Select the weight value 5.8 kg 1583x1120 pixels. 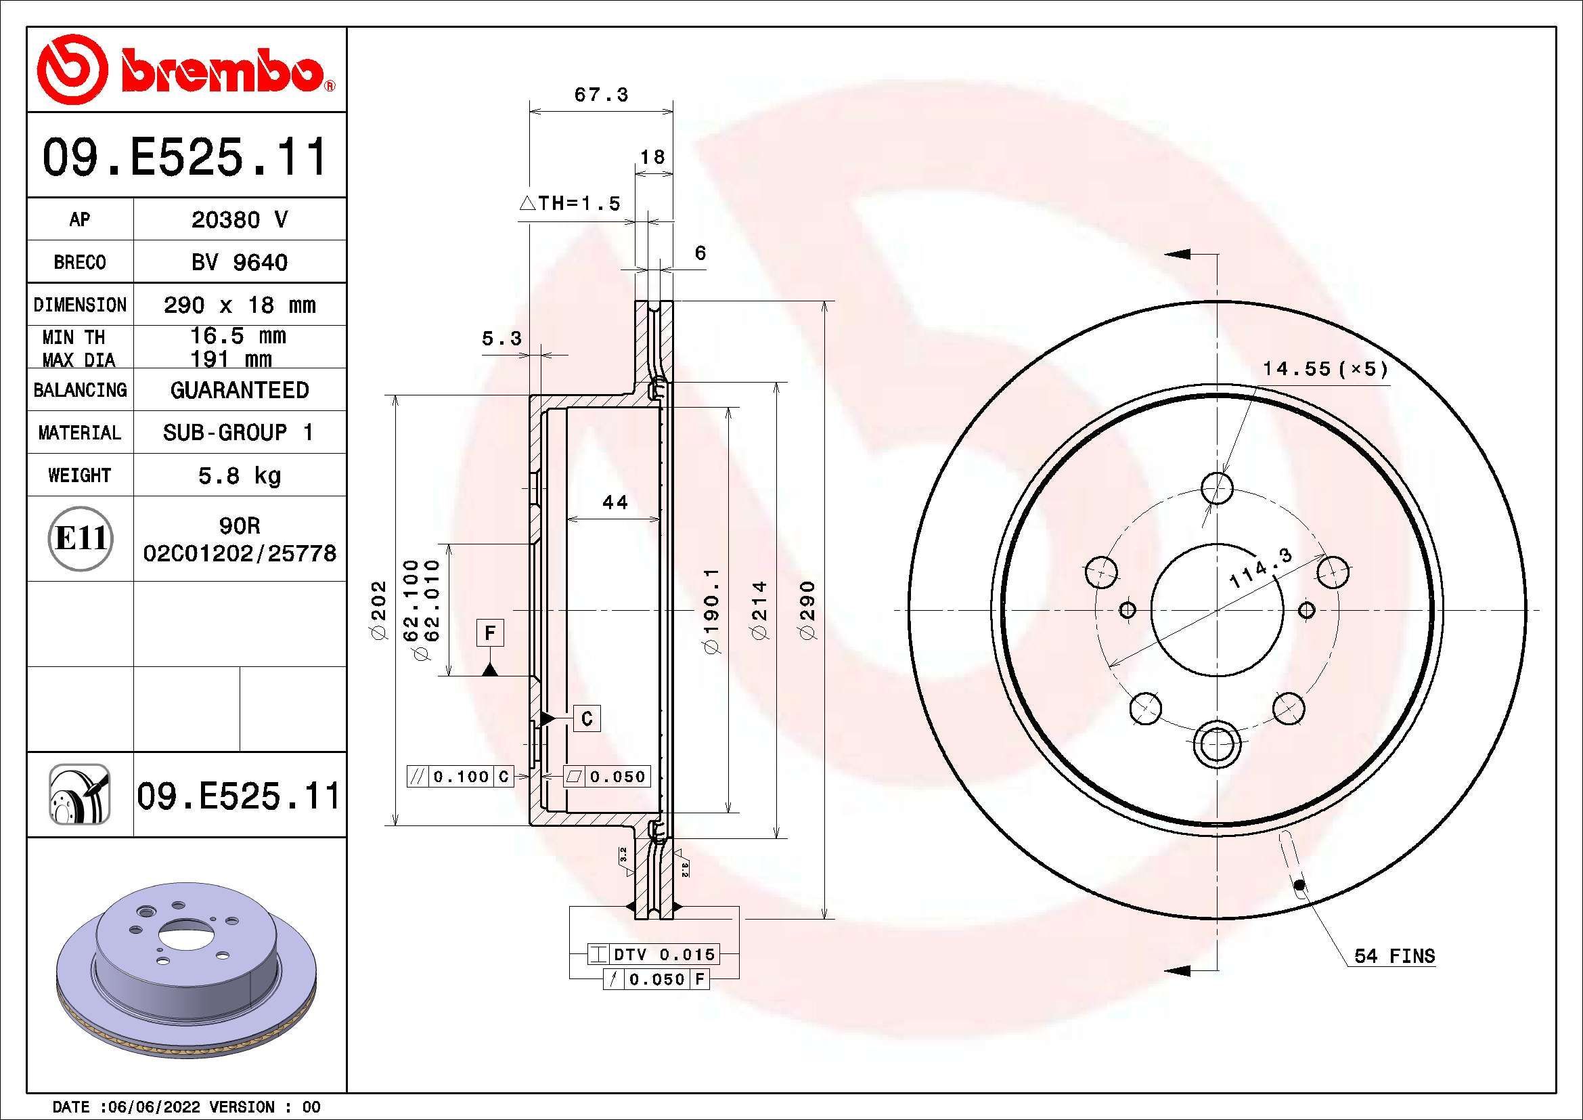coord(239,475)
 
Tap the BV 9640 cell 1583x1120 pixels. coord(239,262)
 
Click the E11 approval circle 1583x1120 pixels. coord(81,538)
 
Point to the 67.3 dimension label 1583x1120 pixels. coord(601,95)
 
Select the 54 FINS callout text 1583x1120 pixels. coord(1394,956)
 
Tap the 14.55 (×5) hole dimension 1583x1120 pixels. coord(1324,369)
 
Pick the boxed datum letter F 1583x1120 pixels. coord(490,632)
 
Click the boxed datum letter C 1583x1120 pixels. coord(587,718)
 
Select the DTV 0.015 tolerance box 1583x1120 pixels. coord(653,955)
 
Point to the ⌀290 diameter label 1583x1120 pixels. coord(808,610)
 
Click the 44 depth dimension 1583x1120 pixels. coord(615,502)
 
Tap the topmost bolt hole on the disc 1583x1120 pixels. coord(1217,488)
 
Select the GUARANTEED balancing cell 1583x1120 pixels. coord(239,390)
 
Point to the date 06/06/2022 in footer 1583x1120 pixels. coord(150,1107)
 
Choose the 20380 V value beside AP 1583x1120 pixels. coord(239,220)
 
